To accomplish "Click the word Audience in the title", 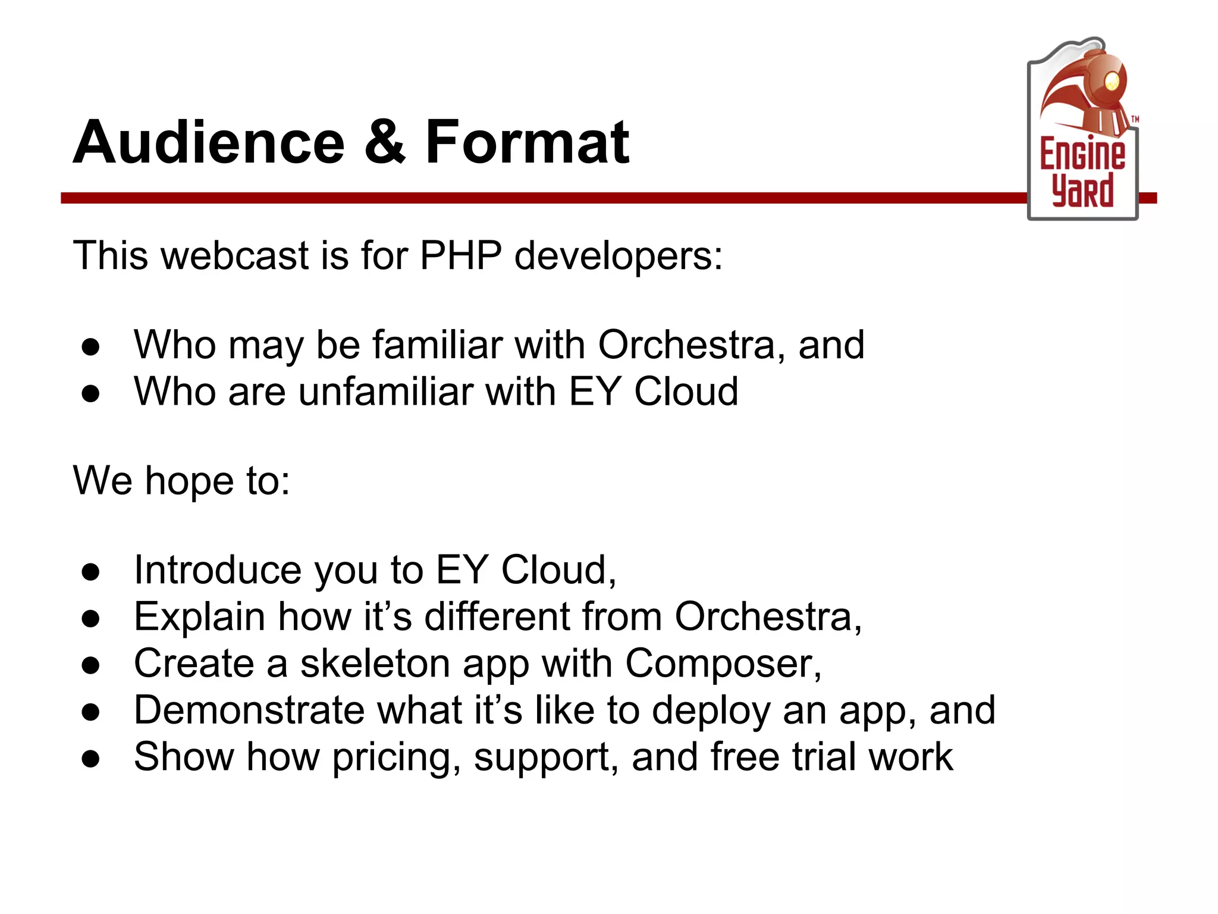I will (208, 143).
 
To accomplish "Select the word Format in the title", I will (527, 143).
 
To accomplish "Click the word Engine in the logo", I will (1082, 154).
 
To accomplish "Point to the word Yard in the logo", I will (1082, 190).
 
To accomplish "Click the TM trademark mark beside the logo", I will (1135, 120).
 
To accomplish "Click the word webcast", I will (235, 256).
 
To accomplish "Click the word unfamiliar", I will (386, 392).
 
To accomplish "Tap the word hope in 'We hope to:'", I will (189, 481).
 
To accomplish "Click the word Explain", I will (199, 616).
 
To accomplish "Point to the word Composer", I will (723, 664).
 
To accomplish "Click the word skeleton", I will (375, 663).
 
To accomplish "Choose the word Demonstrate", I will (249, 710).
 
